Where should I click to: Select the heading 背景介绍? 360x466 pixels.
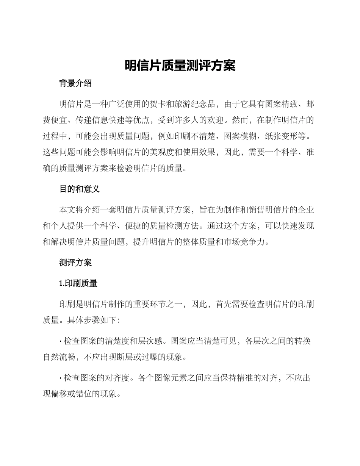(x=75, y=84)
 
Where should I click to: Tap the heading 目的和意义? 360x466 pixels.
(x=80, y=189)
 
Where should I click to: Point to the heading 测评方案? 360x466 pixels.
(x=75, y=263)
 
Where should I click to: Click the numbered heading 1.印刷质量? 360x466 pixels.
(x=78, y=283)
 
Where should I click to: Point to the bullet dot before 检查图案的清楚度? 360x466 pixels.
(x=61, y=341)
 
